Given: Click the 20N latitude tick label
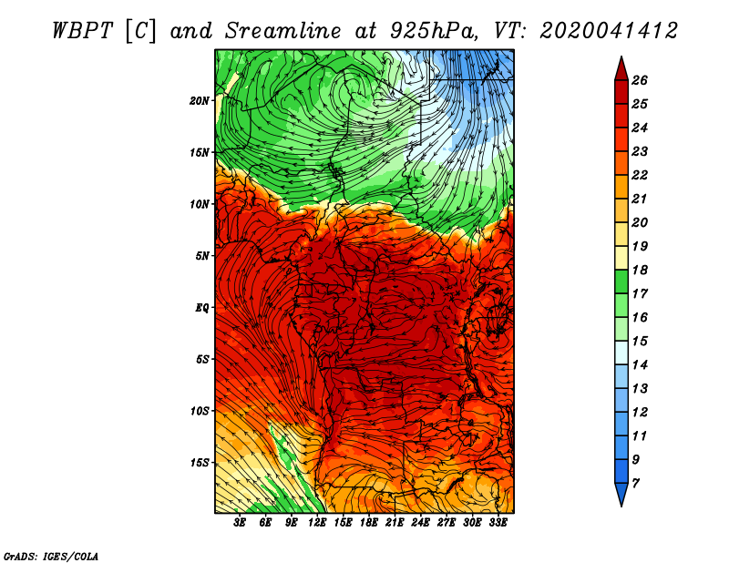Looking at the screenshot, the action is pos(200,101).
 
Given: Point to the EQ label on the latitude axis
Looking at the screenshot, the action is pos(201,308).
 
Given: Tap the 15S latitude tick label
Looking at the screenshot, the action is pos(200,463).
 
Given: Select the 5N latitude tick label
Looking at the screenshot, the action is pos(202,256).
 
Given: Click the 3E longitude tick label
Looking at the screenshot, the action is pos(240,522).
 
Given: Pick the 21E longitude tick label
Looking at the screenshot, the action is pos(395,522).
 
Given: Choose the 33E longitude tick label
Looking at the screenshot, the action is pos(498,522).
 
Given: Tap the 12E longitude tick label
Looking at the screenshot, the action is pos(316,522).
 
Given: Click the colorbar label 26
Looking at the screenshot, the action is pos(640,80).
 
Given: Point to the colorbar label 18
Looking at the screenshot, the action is pos(640,270).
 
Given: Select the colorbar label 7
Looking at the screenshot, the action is pos(635,484).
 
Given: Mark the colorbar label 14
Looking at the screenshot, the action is pos(640,365).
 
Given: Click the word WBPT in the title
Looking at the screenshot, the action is pos(82,31).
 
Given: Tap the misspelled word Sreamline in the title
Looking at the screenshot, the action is pos(282,31).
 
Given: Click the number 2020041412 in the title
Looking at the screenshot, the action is pos(609,31).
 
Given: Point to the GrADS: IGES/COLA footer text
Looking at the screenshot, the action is pos(51,556).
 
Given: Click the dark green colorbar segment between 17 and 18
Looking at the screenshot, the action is pos(621,282).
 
